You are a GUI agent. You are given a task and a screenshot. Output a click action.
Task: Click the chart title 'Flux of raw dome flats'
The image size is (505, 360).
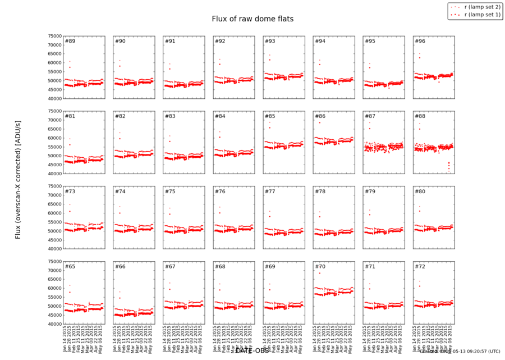(x=252, y=19)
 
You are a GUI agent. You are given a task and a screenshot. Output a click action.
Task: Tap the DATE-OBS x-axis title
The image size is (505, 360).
(x=252, y=350)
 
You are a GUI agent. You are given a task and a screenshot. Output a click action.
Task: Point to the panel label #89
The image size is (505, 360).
(x=70, y=42)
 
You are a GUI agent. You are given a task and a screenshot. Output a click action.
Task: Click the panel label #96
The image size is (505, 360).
(x=420, y=42)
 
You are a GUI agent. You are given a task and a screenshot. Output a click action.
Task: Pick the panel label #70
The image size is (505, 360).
(x=320, y=266)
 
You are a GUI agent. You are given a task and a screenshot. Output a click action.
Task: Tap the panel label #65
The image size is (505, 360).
(x=70, y=266)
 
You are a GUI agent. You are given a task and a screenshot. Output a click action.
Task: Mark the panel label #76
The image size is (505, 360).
(x=220, y=192)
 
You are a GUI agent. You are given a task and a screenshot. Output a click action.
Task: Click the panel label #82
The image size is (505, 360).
(x=120, y=116)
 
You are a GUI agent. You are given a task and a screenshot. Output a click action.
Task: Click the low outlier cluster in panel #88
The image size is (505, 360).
(x=448, y=165)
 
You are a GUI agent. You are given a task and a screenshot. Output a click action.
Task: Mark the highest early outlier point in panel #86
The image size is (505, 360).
(x=319, y=122)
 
